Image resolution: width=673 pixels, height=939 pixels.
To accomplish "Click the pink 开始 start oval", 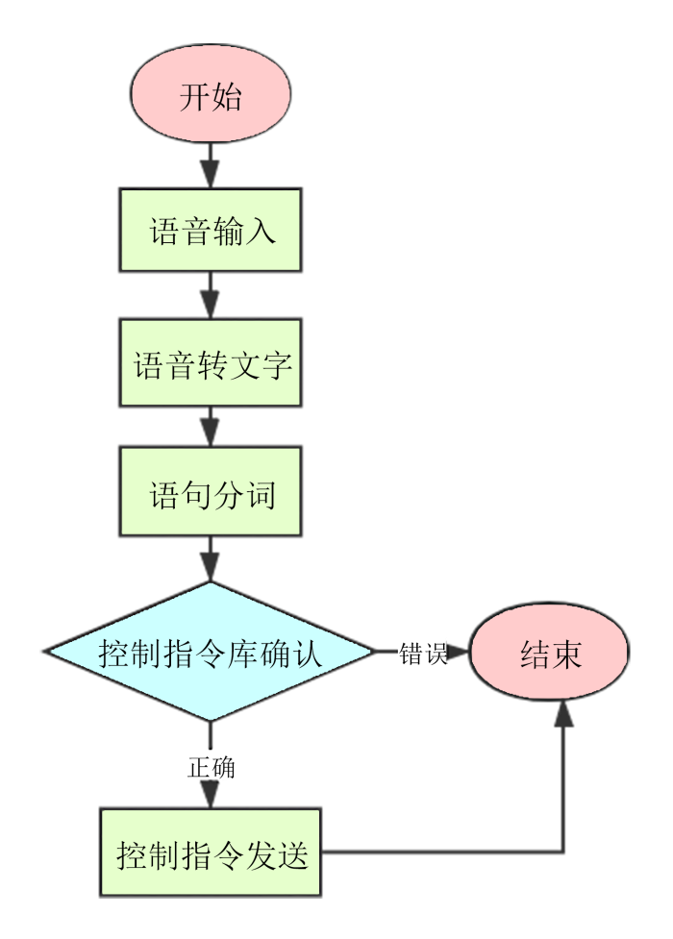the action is point(211,93).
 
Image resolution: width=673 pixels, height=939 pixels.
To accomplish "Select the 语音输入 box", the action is point(211,231).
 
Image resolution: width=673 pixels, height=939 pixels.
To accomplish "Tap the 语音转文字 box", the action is point(211,363).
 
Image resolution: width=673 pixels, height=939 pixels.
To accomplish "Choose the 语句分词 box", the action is point(211,491).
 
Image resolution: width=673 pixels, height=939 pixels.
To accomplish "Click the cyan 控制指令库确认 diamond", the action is point(210,651).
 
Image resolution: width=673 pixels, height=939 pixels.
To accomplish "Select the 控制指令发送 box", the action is point(211,853).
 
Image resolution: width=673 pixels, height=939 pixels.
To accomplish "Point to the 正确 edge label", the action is point(211,767).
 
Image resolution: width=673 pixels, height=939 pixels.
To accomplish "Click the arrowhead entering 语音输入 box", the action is point(210,174).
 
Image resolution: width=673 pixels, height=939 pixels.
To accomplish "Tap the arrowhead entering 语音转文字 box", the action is point(210,305).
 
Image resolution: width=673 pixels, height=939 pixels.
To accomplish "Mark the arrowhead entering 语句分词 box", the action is point(210,432).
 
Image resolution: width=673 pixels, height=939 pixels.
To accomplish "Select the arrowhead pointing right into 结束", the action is point(457,652).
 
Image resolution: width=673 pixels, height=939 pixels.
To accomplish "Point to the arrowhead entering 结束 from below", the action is point(563,714).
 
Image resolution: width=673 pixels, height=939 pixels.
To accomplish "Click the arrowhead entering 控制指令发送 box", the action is point(210,795).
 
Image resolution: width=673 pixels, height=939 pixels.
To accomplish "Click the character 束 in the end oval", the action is point(566,654).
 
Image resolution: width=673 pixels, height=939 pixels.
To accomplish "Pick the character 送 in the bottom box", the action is point(292,855).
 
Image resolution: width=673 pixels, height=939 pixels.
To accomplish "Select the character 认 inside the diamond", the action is point(307,653).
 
